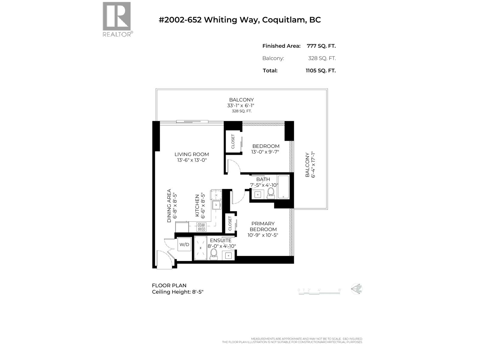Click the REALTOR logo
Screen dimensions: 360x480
[x=117, y=19]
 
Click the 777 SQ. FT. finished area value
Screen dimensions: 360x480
[x=321, y=46]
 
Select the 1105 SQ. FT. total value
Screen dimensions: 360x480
[x=320, y=70]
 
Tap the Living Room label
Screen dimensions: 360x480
[x=192, y=154]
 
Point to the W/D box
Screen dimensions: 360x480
[x=184, y=244]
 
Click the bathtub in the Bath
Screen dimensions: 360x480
[x=283, y=187]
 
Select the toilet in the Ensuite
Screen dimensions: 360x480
[x=214, y=254]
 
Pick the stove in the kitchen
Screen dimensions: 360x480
[x=201, y=227]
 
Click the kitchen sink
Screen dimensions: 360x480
[x=216, y=205]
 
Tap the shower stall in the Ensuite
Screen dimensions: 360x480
[x=201, y=248]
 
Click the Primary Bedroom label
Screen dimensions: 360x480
[x=263, y=226]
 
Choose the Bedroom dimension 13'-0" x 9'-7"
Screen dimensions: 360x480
[x=265, y=152]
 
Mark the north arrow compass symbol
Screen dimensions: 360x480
[x=357, y=289]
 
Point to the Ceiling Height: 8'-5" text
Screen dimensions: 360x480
[x=178, y=292]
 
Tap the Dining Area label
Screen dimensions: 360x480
[x=169, y=205]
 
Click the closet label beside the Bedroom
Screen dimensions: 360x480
[x=233, y=141]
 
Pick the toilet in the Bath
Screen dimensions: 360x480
[x=271, y=193]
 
